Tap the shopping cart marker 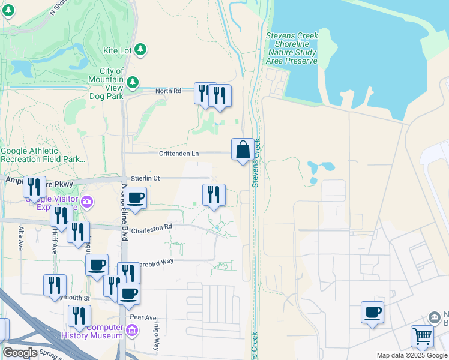(423, 337)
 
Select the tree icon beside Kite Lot (141, 49)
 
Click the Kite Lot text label (117, 50)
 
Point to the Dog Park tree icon (133, 82)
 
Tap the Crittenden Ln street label (179, 154)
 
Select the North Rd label (168, 91)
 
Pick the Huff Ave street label (53, 242)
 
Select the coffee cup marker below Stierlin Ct (136, 198)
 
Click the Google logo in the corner (20, 353)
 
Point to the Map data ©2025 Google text (412, 355)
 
